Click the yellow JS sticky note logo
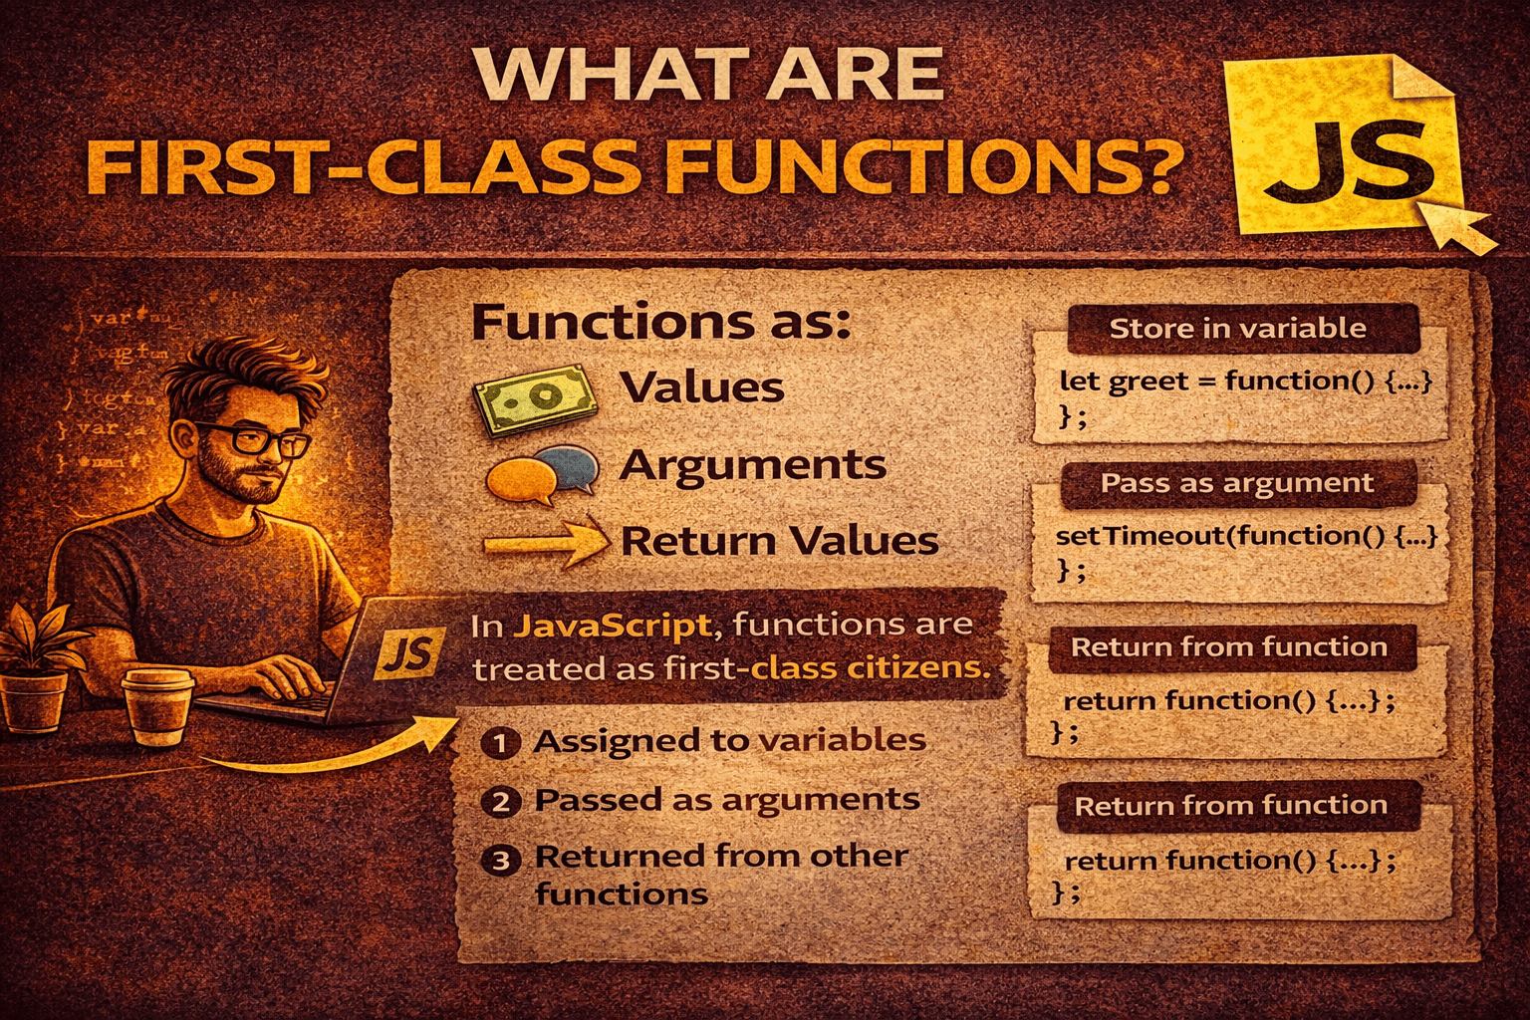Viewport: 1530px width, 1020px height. click(1345, 149)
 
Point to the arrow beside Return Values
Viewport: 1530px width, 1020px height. click(546, 544)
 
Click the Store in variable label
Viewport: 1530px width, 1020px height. click(1238, 329)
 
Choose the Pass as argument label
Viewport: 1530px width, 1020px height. click(1236, 484)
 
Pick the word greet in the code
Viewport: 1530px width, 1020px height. click(1154, 382)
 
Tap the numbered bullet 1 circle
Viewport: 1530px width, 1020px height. click(500, 743)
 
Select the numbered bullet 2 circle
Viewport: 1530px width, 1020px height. click(500, 802)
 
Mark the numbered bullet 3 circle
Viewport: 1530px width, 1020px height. click(500, 860)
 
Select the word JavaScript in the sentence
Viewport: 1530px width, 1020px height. click(612, 626)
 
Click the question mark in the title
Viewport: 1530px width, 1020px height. click(1155, 164)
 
